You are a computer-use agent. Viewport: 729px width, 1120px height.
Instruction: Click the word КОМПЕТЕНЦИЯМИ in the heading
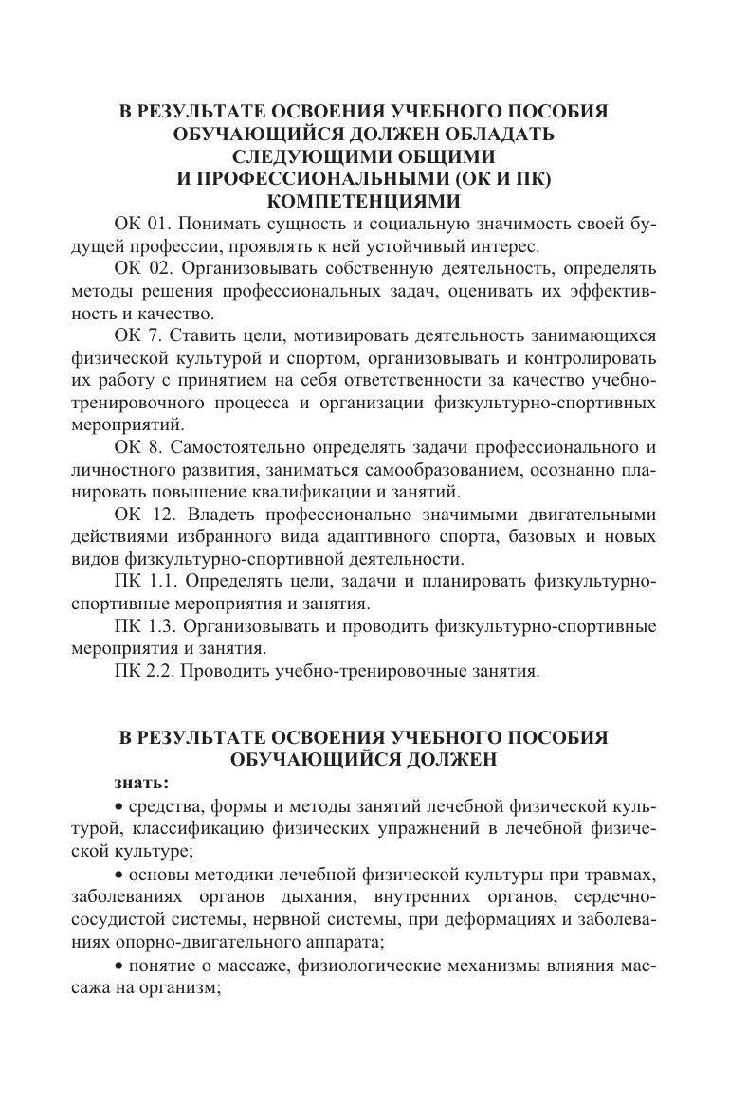[x=364, y=201]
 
